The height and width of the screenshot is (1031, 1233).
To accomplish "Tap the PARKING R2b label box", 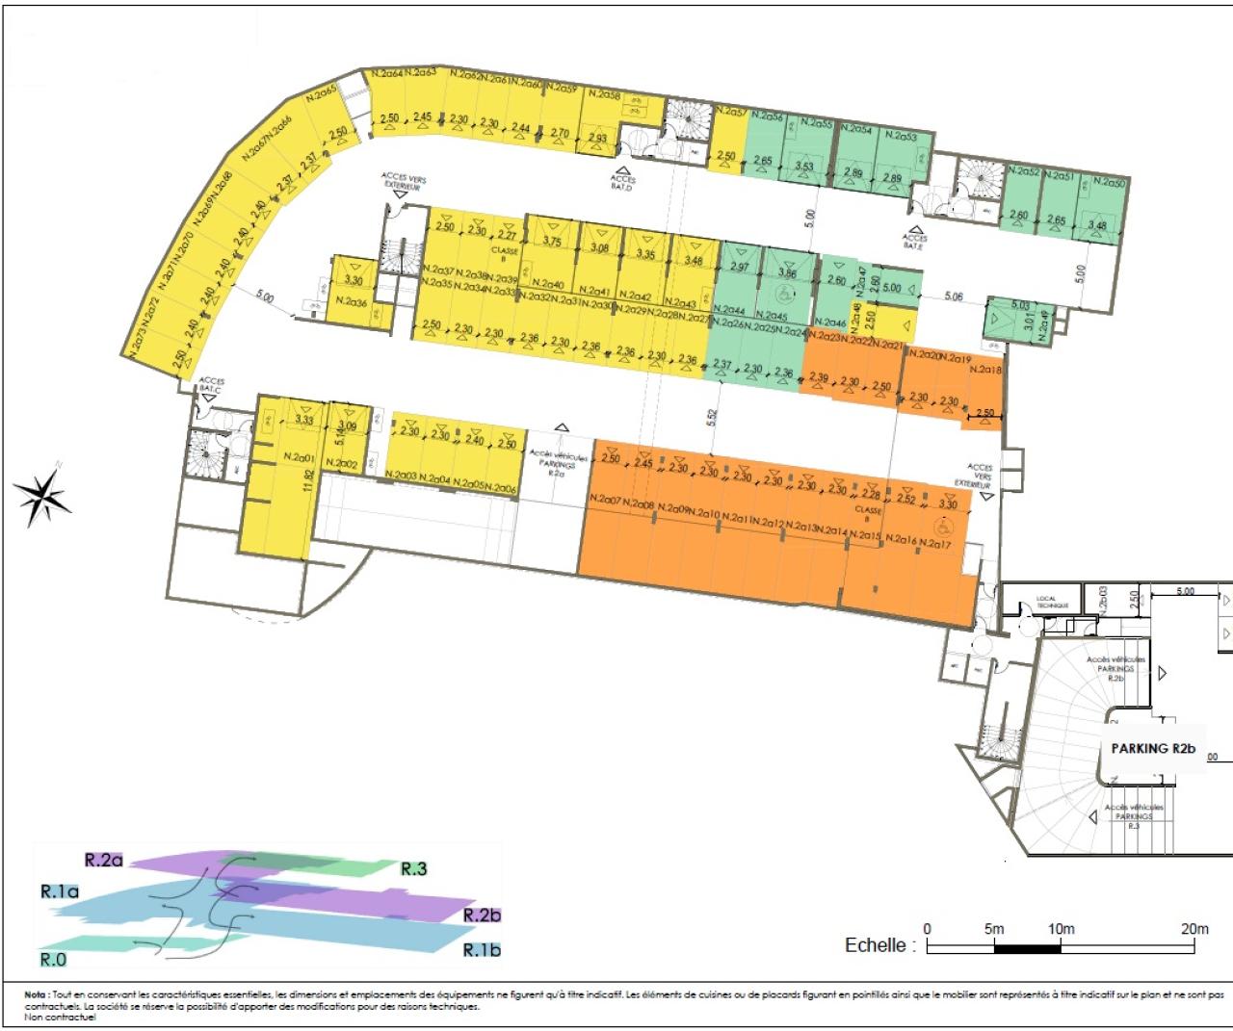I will (1152, 748).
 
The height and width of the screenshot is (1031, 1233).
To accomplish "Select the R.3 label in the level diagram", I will (413, 868).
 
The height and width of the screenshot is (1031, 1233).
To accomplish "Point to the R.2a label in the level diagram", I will (104, 859).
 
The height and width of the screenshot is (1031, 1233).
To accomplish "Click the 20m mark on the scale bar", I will (1194, 929).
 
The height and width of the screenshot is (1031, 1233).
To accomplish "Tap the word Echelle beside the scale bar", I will (876, 945).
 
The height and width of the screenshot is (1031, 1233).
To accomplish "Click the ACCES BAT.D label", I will (623, 180).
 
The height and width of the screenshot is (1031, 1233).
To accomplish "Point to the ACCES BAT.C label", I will (211, 386).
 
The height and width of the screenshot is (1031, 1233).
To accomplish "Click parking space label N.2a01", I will (301, 457).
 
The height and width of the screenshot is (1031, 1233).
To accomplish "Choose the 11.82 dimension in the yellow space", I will (308, 480).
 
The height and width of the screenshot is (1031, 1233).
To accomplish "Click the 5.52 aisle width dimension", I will (712, 417).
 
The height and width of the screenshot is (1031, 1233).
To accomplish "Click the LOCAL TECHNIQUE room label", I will (1046, 603).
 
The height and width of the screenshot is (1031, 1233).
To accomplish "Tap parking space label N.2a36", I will (352, 303).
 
